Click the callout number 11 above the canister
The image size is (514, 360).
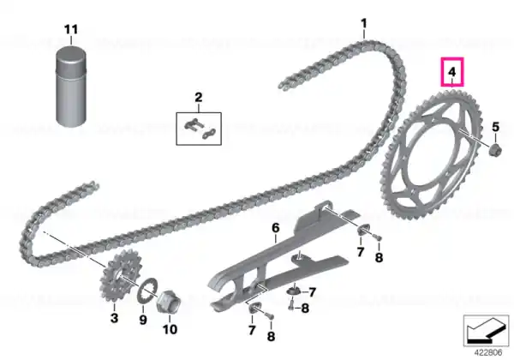[71, 29]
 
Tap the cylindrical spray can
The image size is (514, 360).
[72, 87]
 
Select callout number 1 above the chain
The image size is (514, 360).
[364, 23]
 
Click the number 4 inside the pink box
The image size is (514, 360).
[452, 72]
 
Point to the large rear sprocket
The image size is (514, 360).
[432, 154]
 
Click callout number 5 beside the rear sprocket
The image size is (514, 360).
[495, 127]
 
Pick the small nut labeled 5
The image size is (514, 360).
[493, 150]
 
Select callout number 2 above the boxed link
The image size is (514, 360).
[199, 98]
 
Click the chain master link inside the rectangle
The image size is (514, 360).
[200, 129]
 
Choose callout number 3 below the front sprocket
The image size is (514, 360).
[114, 318]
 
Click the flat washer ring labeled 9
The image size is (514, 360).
[147, 291]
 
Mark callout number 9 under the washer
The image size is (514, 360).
[143, 320]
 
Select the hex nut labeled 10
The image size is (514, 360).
[169, 301]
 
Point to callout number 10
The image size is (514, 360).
[170, 329]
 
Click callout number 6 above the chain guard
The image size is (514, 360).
[276, 227]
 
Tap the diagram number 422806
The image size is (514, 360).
[488, 353]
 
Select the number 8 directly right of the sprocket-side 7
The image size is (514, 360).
[379, 257]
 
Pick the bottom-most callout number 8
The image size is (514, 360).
[271, 336]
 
